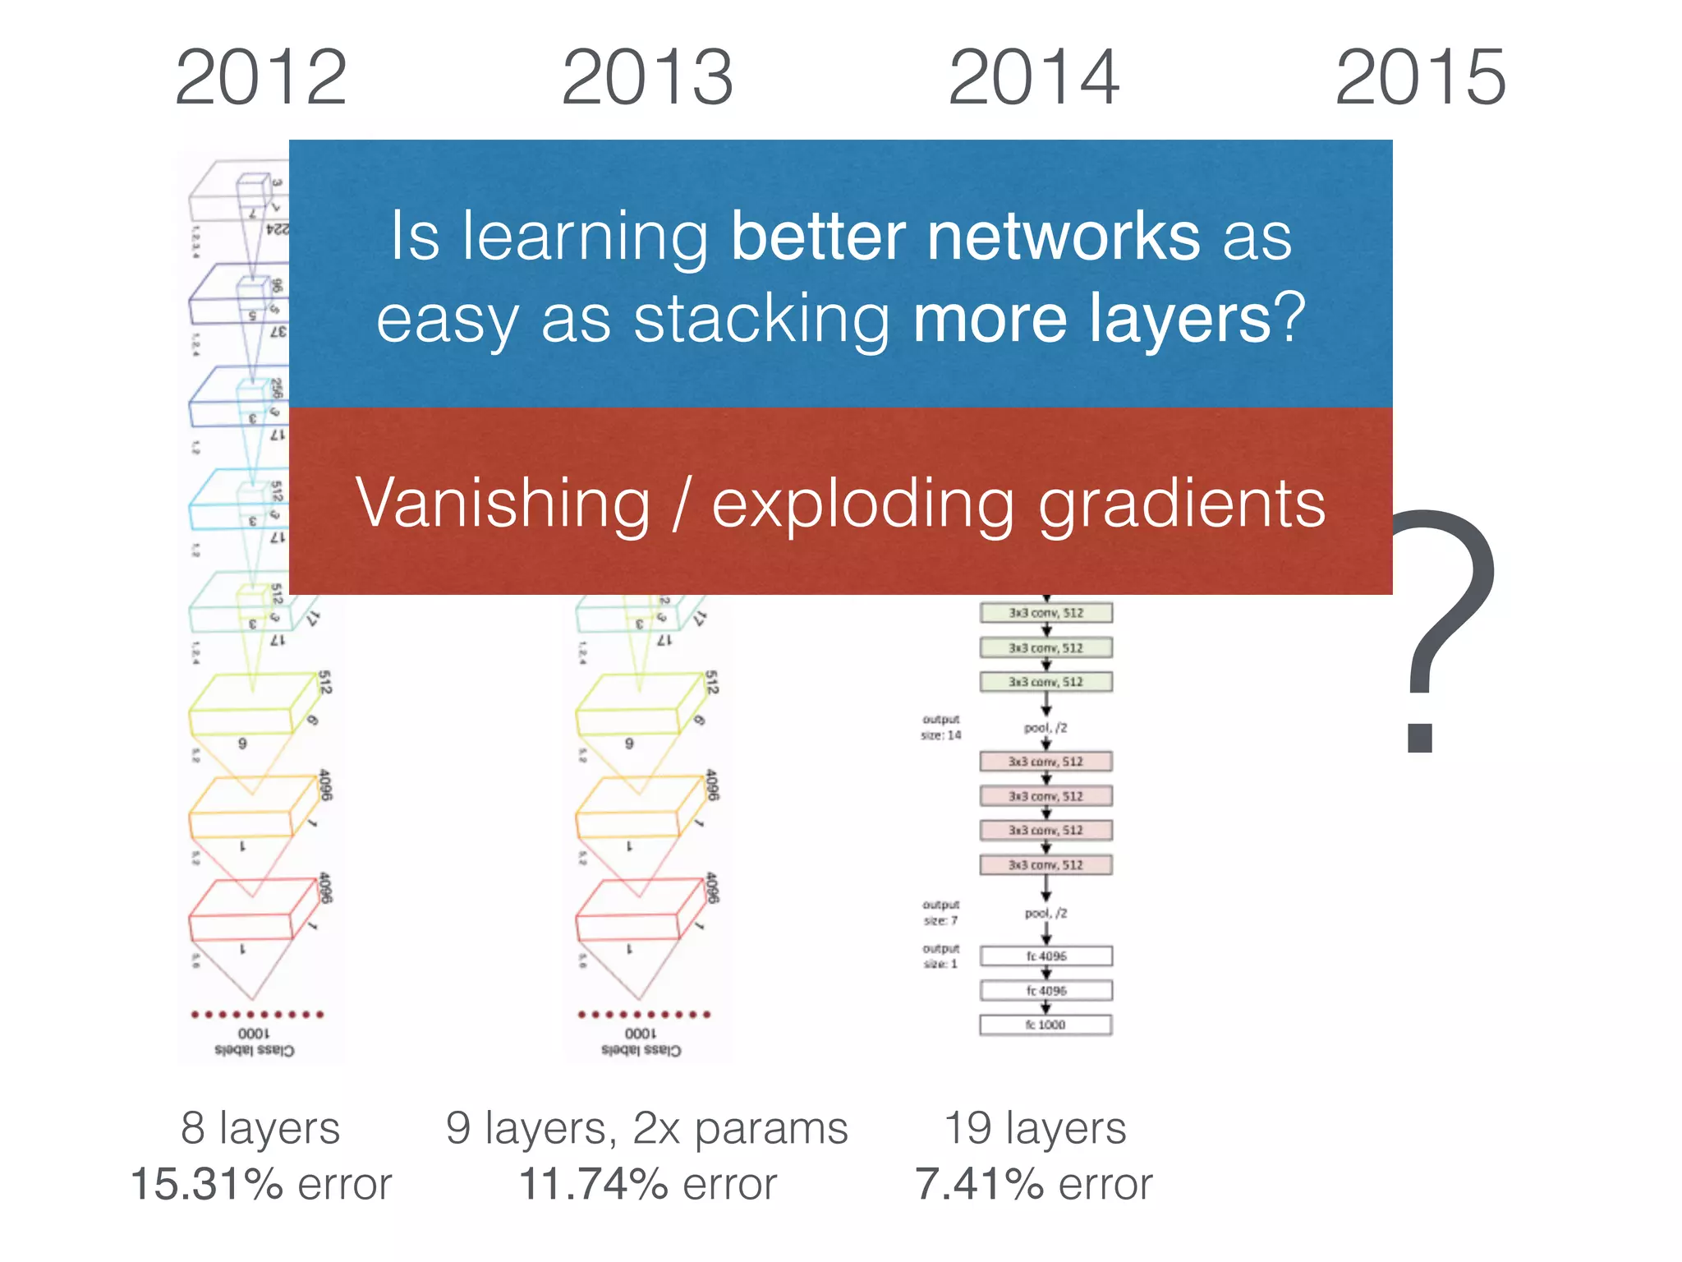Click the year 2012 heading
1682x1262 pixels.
261,77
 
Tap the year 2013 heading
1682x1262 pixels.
647,77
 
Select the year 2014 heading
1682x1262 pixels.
1034,77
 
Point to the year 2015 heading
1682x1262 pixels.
1421,77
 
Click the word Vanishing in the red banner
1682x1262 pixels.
503,503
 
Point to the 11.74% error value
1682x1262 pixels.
593,1184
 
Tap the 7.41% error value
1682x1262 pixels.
979,1184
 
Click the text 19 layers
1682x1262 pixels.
1035,1127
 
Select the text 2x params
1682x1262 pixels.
740,1127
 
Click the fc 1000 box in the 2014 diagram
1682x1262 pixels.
1046,1025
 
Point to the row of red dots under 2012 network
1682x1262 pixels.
257,1014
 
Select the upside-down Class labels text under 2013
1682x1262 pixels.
641,1050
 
